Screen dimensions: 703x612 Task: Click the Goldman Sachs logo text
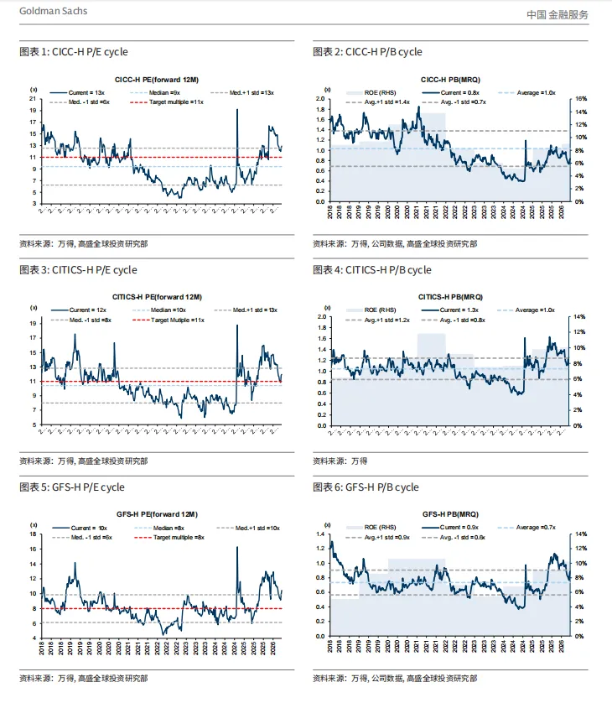[52, 12]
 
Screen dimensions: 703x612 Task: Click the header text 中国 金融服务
[558, 14]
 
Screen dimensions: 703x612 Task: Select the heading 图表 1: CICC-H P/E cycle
[74, 52]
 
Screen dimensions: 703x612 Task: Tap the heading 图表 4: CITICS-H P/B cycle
[371, 270]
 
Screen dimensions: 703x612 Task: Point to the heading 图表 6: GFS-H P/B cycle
[366, 487]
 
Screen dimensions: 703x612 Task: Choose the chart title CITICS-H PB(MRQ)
[449, 296]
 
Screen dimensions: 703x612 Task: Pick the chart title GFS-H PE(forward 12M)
[157, 513]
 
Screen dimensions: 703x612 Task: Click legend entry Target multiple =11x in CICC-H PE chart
[174, 101]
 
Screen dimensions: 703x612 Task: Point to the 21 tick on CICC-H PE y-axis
[34, 98]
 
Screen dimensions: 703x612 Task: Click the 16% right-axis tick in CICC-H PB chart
[580, 99]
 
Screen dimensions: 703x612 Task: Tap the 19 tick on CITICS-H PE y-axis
[34, 323]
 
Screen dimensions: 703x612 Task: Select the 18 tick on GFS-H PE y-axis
[34, 534]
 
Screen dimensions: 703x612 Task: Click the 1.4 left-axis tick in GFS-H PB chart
[320, 534]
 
